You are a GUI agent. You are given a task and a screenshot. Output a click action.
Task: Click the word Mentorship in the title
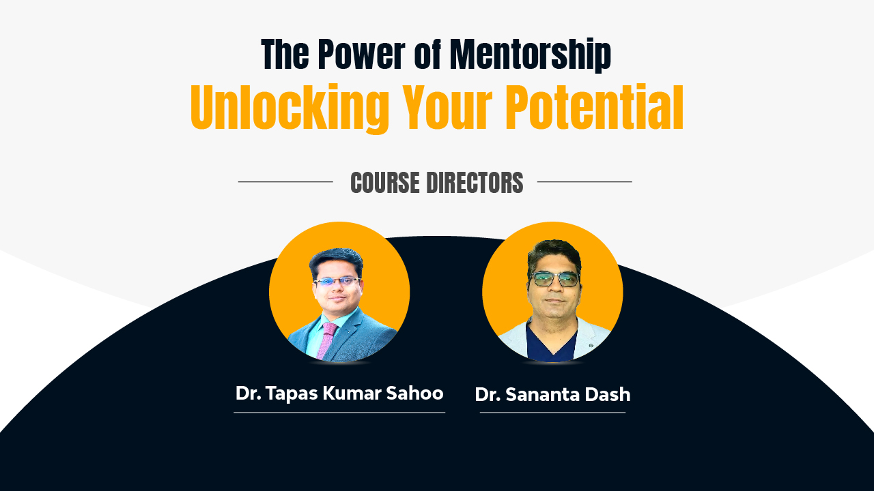click(530, 55)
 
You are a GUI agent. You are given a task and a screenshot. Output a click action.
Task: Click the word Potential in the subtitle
click(594, 108)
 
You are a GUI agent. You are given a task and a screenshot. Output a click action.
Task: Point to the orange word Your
click(447, 108)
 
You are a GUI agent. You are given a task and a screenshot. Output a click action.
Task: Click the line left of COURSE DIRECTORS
click(285, 182)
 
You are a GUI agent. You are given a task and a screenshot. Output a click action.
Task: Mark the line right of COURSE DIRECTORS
click(584, 182)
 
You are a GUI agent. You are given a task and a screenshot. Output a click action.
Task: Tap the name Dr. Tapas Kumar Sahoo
click(339, 393)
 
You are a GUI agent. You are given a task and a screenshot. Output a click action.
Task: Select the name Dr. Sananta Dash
click(552, 395)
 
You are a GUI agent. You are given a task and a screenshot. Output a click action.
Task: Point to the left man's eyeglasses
click(337, 281)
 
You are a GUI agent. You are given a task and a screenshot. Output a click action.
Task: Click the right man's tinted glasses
click(554, 279)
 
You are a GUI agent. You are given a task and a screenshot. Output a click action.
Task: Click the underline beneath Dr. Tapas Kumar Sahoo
click(339, 413)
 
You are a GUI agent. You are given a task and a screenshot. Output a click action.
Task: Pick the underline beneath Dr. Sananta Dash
click(552, 413)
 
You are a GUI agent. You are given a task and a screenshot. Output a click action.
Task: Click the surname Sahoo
click(417, 393)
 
